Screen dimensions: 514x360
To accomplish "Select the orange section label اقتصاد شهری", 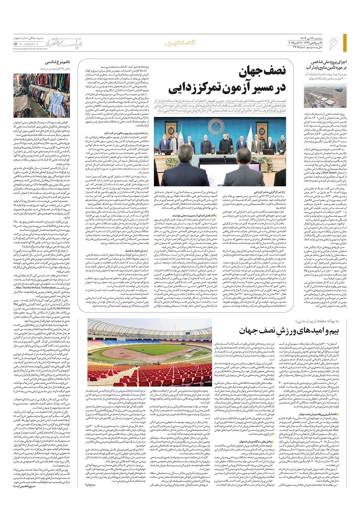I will [180, 43].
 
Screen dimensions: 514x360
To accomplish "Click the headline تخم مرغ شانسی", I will [58, 62].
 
